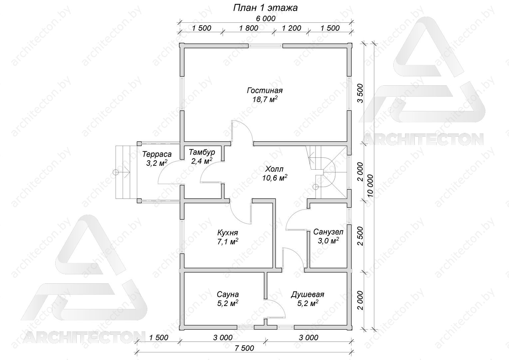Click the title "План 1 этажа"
pos(265,8)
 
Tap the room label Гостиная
pos(265,90)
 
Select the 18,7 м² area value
pos(265,99)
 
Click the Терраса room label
pos(157,154)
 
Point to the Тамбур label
pos(202,152)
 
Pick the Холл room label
pos(274,169)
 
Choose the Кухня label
pos(228,233)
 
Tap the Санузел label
pos(328,232)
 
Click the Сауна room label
pos(228,294)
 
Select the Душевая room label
pos(307,294)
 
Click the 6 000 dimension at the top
pos(265,18)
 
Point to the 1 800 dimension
pos(249,28)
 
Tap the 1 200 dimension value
pos(291,28)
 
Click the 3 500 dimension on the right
pos(360,93)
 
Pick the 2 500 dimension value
pos(360,236)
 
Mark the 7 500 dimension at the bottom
pos(245,348)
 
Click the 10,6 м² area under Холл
pos(274,178)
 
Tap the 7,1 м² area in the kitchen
pos(228,242)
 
